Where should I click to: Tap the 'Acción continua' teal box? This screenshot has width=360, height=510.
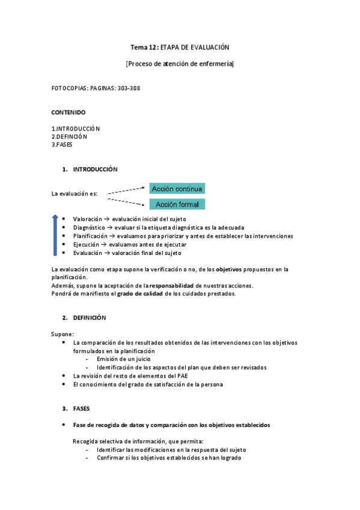point(177,189)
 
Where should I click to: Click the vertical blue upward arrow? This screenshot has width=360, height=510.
point(55,235)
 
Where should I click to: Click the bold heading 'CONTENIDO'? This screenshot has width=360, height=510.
point(69,112)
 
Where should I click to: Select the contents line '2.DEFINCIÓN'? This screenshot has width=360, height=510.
point(69,137)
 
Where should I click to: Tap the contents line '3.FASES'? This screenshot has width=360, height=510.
point(62,144)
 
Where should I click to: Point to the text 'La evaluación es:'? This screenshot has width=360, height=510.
point(75,194)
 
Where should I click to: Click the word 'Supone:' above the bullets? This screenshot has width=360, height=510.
point(63,334)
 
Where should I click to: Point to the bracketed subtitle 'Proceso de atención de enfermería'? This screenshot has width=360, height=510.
point(180,64)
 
